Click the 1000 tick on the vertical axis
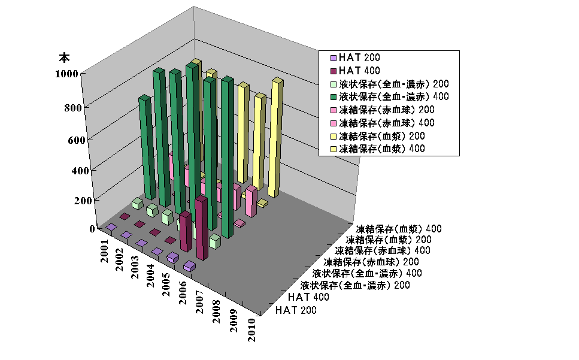tap(77, 74)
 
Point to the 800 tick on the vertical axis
tap(80, 107)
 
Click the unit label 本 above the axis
tap(64, 58)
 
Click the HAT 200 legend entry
tap(358, 58)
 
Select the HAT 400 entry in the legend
tap(358, 71)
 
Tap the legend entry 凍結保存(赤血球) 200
tap(386, 110)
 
